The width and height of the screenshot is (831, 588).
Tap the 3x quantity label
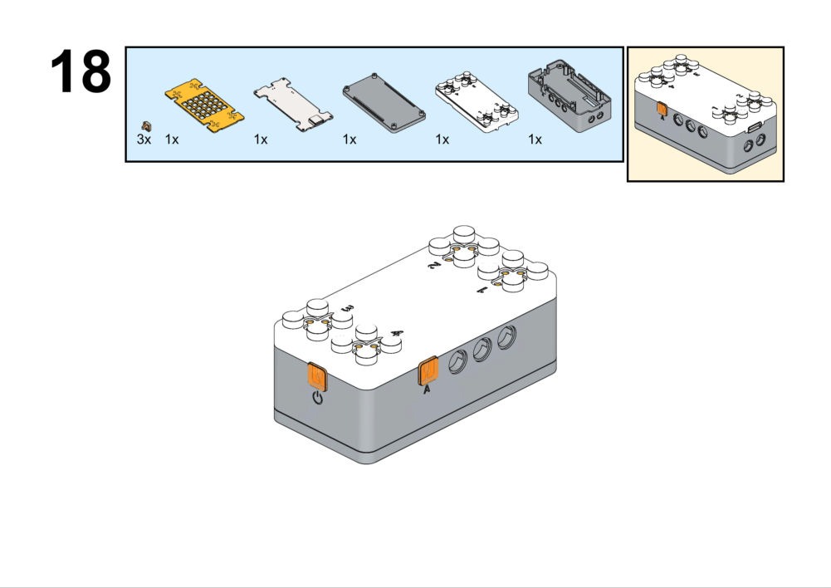tap(144, 140)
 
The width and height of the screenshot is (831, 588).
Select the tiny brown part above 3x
tap(146, 125)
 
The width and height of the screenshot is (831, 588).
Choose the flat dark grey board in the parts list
tap(384, 104)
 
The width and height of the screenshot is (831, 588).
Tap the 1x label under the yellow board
tap(172, 140)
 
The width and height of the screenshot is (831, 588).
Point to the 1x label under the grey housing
tap(535, 140)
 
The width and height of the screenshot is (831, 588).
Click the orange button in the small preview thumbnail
tap(662, 108)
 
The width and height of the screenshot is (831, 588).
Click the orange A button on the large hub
tap(428, 370)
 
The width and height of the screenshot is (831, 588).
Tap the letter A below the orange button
tap(427, 390)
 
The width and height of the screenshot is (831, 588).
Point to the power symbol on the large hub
tap(317, 399)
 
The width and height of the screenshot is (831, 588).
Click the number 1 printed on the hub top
tap(481, 291)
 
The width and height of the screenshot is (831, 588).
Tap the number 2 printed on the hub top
tap(433, 265)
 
